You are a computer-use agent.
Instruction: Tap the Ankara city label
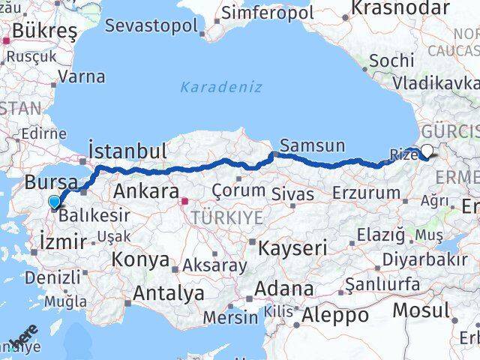[x=145, y=191]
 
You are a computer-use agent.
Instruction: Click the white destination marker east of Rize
[x=427, y=151]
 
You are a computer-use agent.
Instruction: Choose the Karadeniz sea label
[x=221, y=87]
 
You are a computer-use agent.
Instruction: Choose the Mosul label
[x=422, y=309]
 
